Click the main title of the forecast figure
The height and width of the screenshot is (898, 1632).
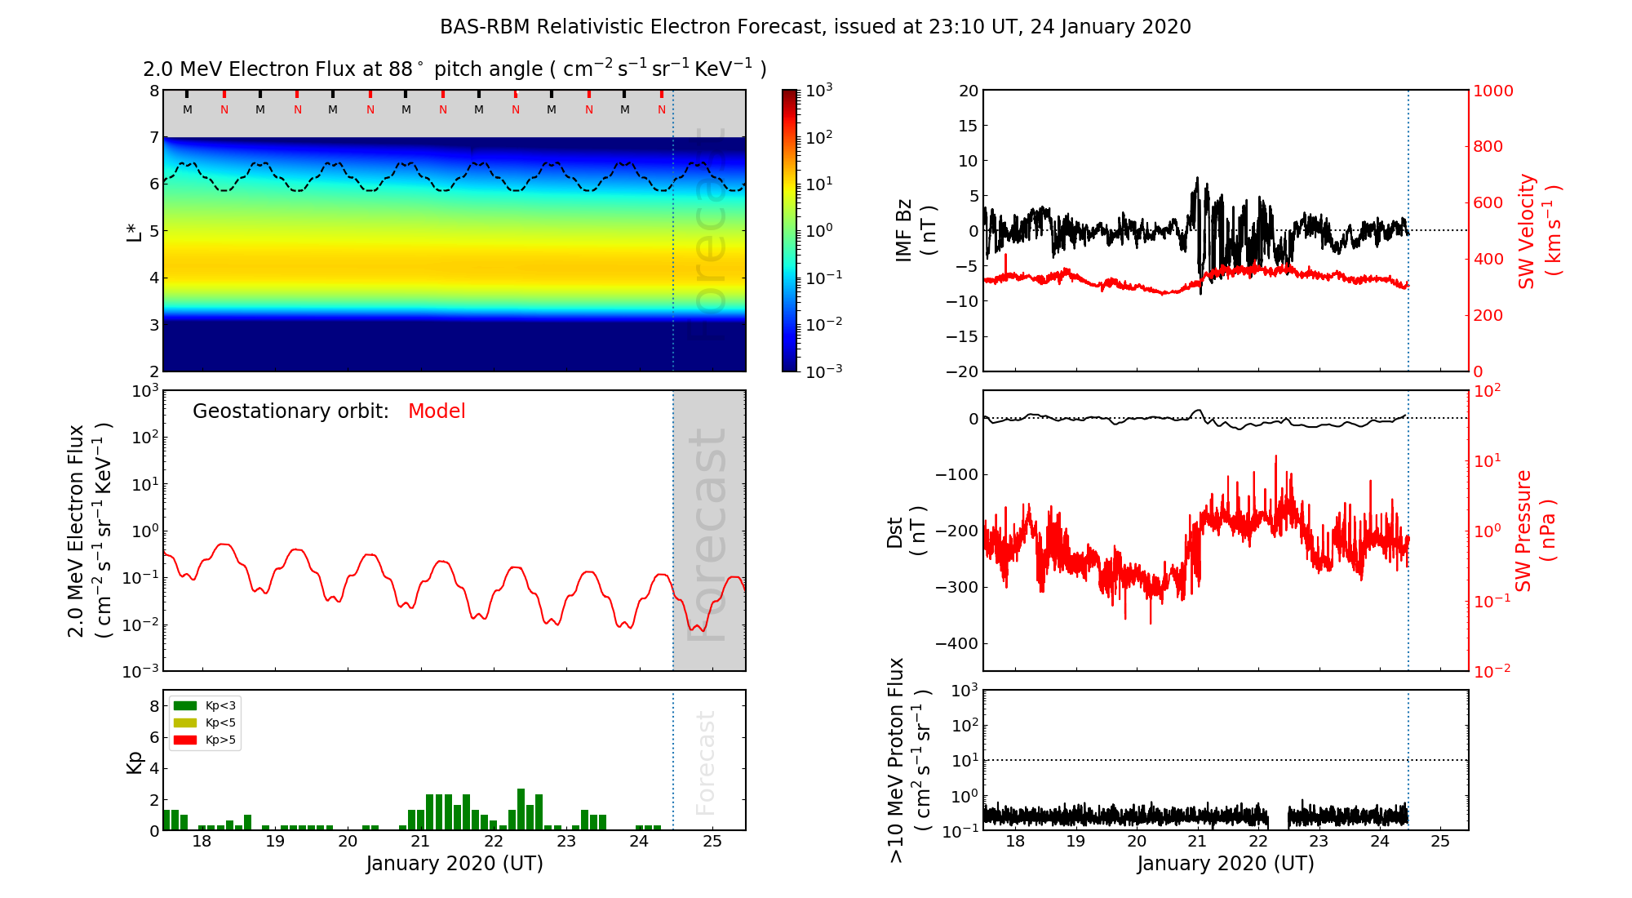[x=815, y=27]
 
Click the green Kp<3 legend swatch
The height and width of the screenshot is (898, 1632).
[x=185, y=705]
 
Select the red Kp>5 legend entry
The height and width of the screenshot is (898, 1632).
[x=185, y=740]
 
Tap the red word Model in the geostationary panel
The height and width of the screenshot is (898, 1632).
[x=437, y=411]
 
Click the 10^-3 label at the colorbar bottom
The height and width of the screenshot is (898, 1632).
[x=823, y=371]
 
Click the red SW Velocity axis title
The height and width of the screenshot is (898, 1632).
[x=1539, y=231]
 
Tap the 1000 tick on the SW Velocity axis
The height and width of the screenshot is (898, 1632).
[x=1492, y=91]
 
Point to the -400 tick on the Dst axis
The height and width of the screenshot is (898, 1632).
[x=956, y=643]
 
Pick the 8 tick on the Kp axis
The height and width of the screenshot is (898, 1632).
[x=153, y=706]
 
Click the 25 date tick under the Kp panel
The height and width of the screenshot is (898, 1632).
[x=712, y=842]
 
